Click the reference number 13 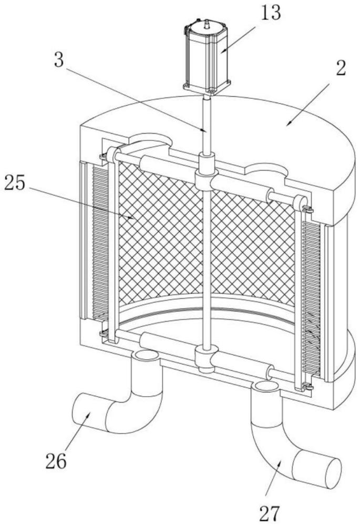[x=271, y=13]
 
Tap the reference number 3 [x=59, y=60]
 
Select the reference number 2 [x=340, y=68]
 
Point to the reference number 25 [x=15, y=183]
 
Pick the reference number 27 [x=270, y=513]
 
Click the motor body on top [x=208, y=55]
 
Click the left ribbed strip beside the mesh [x=99, y=241]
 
